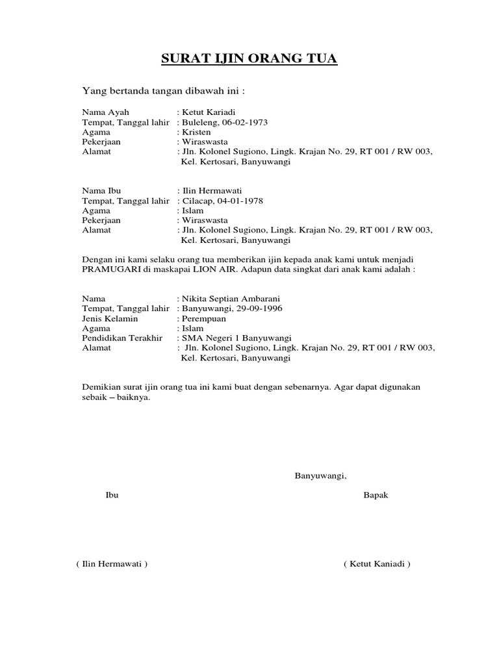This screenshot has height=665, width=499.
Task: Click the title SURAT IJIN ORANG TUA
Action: pyautogui.click(x=249, y=60)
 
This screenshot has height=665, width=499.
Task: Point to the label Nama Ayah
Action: pyautogui.click(x=105, y=112)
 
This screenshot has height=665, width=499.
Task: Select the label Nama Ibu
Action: pyautogui.click(x=103, y=191)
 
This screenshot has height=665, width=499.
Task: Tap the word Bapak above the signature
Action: pyautogui.click(x=376, y=496)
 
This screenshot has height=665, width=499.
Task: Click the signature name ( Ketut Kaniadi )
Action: pyautogui.click(x=377, y=564)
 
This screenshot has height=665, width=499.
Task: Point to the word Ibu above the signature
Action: pyautogui.click(x=112, y=496)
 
